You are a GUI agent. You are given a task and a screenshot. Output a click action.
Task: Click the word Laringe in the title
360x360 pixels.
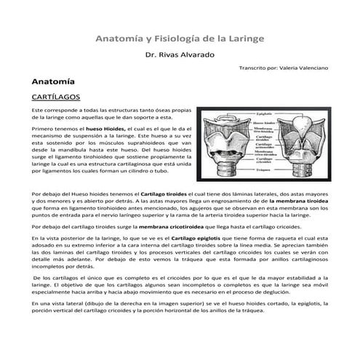coord(244,36)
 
